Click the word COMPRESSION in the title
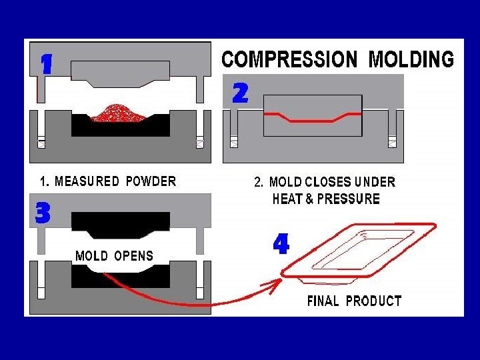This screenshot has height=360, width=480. (x=291, y=59)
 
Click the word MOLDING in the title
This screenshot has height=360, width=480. (x=411, y=59)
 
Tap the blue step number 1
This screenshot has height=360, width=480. (x=46, y=64)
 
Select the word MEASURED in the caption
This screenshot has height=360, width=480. (x=87, y=181)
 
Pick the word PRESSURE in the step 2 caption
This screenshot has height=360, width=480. (x=353, y=199)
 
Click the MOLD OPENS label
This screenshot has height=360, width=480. (x=114, y=256)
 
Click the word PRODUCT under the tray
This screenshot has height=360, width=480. (x=373, y=301)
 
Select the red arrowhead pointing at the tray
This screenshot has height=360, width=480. (x=271, y=287)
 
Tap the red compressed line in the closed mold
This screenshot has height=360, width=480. (x=313, y=120)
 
